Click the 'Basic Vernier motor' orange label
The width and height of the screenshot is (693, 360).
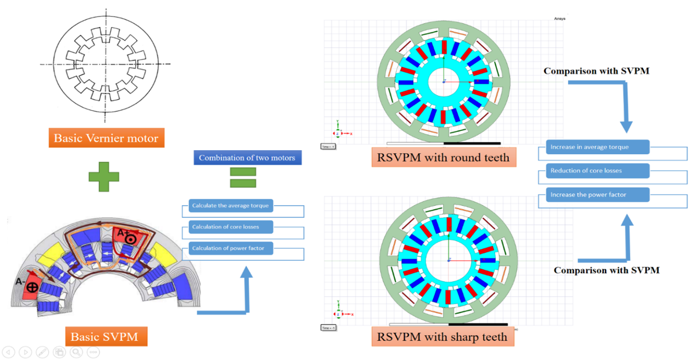click(x=106, y=138)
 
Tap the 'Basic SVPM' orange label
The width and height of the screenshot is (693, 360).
click(x=106, y=336)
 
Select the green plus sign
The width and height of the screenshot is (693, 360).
click(x=104, y=176)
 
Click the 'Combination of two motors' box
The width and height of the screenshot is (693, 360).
click(x=247, y=158)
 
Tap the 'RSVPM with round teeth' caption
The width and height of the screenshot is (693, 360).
click(x=444, y=157)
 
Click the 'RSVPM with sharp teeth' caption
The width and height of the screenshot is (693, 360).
click(x=443, y=336)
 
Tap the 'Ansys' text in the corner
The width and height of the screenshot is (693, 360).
click(x=559, y=19)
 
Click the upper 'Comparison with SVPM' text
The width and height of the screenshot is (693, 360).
click(x=596, y=71)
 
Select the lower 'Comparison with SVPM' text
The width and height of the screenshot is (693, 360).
click(x=606, y=270)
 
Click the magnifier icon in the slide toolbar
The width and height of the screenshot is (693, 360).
click(x=76, y=352)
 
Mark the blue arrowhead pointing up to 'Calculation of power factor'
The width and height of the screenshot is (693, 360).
click(x=246, y=273)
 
